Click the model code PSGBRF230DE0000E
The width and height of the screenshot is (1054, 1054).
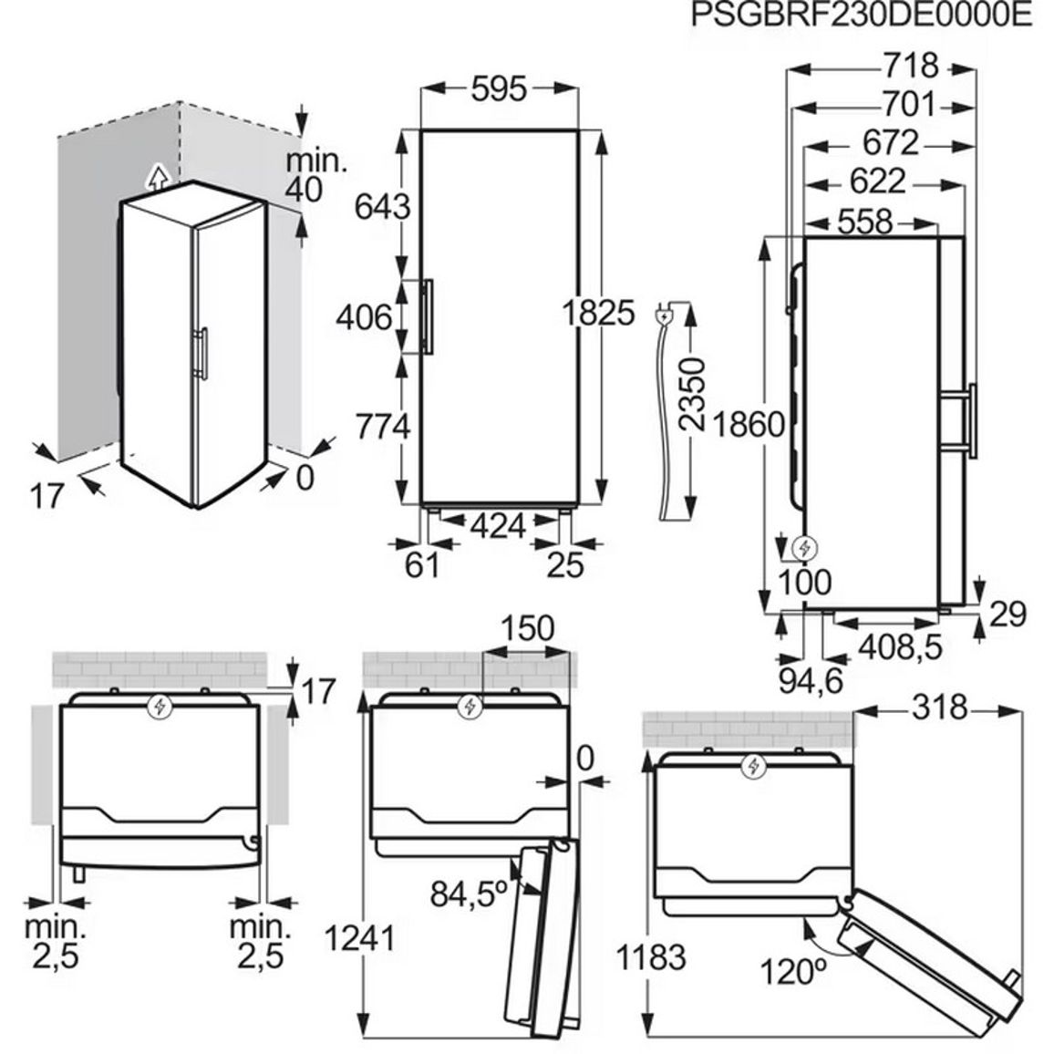point(861,15)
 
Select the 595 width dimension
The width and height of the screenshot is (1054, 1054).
point(499,88)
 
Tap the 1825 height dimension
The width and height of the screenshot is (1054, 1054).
point(597,313)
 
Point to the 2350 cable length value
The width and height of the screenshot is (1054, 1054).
point(692,394)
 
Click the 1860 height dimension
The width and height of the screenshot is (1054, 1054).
point(749,424)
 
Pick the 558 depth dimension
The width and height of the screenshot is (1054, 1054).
point(864,222)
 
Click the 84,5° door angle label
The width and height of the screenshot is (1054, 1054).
point(469,894)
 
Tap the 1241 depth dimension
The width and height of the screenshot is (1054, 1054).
point(359,937)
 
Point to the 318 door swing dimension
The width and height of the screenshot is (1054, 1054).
point(939,708)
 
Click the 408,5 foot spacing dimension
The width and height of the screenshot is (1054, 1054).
point(901,646)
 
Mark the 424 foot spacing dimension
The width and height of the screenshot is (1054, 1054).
point(498,526)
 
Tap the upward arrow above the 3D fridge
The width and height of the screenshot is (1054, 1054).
point(157,177)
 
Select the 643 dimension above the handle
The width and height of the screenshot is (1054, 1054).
point(382,206)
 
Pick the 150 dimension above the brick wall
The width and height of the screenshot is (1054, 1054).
point(528,628)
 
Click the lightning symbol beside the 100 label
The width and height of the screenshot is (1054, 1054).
point(804,549)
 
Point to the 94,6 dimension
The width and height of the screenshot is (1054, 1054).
point(811,681)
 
